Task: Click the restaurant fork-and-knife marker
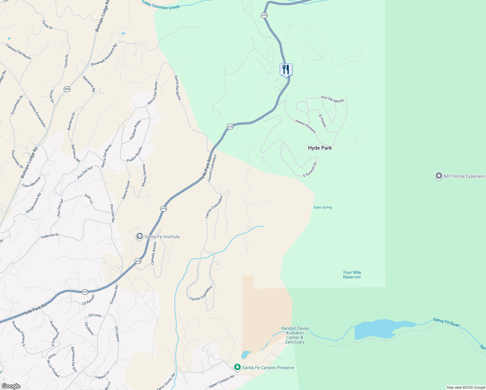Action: pos(286,70)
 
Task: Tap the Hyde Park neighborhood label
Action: pos(320,148)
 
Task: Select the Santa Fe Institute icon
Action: pos(140,236)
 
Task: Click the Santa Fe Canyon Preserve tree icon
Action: pos(237,367)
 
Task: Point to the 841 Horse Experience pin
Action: pos(439,176)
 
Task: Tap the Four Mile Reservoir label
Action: pos(352,275)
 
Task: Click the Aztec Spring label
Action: pos(322,207)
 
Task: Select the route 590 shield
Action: pos(67,89)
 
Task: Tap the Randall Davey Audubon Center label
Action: pos(295,335)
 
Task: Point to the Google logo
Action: pos(11,386)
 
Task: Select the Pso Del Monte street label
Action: pos(332,99)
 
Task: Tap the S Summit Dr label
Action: pos(310,169)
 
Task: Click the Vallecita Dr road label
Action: pos(50,236)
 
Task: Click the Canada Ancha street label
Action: pos(154,254)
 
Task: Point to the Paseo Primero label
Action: pos(305,126)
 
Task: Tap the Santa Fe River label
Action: pos(446,322)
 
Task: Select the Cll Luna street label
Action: pos(95,315)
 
